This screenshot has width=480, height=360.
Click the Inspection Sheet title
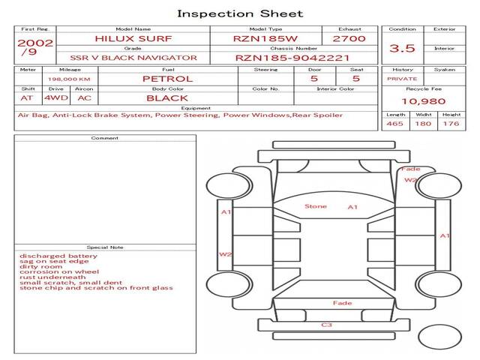click(x=240, y=13)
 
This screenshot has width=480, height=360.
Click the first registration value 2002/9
click(x=35, y=47)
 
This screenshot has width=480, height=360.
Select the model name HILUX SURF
click(x=133, y=39)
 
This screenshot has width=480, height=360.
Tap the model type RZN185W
click(x=265, y=39)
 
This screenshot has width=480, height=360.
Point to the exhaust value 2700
click(x=349, y=39)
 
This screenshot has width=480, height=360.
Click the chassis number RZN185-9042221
click(x=292, y=58)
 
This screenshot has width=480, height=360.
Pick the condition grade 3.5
click(x=402, y=48)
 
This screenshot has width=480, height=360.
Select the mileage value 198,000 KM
click(x=69, y=79)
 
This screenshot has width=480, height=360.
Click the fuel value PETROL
click(x=168, y=79)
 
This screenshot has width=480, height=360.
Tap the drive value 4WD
click(x=56, y=98)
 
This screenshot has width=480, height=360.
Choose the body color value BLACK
click(x=167, y=98)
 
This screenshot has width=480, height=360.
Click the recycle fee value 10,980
click(x=424, y=101)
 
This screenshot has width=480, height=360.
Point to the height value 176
click(x=451, y=124)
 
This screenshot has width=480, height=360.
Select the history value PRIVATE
click(x=402, y=79)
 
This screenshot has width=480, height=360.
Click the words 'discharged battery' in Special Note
click(x=58, y=256)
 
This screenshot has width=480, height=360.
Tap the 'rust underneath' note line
click(x=52, y=277)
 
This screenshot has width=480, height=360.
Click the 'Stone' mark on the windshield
click(x=316, y=207)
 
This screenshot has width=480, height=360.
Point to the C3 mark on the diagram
click(x=327, y=325)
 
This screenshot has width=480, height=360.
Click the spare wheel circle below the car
click(x=440, y=325)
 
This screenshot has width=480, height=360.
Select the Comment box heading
click(x=105, y=138)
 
